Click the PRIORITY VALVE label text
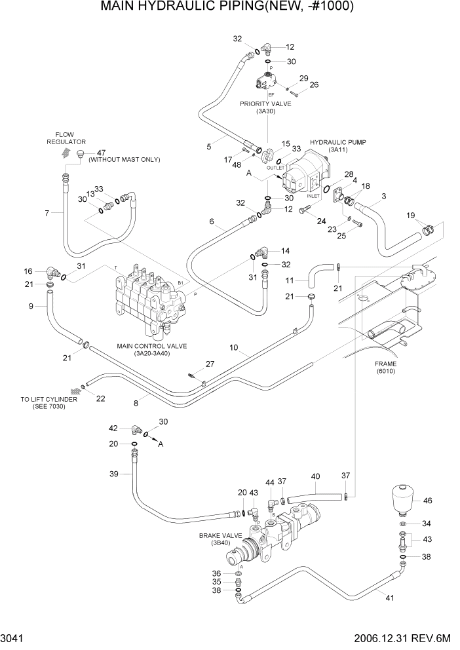[x=265, y=104]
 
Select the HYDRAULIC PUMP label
[x=337, y=142]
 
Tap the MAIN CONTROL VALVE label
[x=151, y=345]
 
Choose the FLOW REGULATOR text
[x=66, y=138]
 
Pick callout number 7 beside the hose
[x=47, y=213]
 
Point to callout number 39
[x=113, y=474]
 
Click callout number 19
[x=410, y=215]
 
